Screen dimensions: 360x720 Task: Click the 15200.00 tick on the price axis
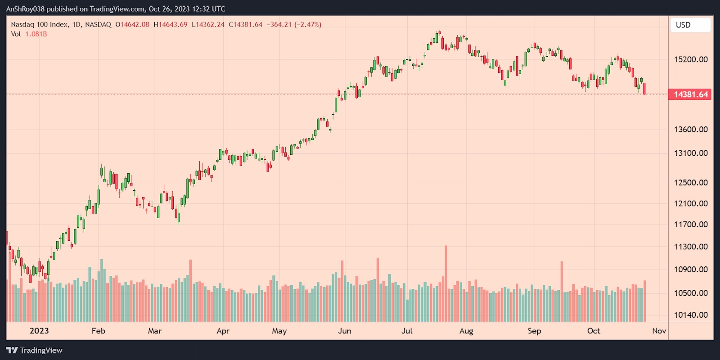pos(690,59)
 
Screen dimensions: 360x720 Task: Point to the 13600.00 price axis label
pos(690,130)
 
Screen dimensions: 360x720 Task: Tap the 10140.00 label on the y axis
pos(690,315)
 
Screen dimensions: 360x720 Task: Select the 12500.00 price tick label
pos(690,183)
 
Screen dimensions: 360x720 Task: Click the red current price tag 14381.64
pos(690,94)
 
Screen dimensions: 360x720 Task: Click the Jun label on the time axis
pos(345,331)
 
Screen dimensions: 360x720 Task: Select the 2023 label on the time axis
pos(39,331)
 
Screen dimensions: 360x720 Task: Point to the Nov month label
pos(659,331)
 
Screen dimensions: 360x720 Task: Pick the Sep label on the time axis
pos(534,331)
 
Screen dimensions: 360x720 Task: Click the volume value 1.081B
pos(36,34)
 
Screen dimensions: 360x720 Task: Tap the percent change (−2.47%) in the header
pos(308,25)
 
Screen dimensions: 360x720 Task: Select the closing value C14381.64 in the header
pos(246,25)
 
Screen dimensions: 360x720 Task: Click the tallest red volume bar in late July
pos(446,283)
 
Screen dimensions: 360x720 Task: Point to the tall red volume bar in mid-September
pos(562,292)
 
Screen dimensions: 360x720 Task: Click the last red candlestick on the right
pos(645,89)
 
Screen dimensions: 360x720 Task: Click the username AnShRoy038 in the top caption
pos(25,9)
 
